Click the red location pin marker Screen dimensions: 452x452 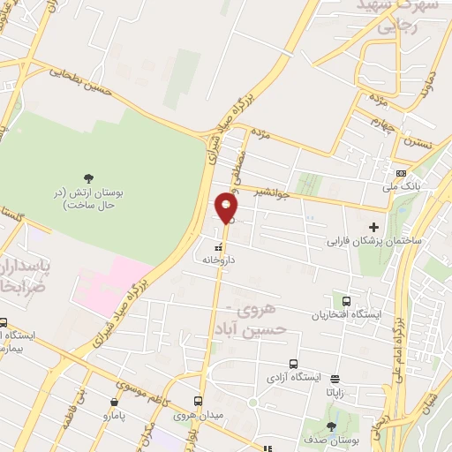[226, 208]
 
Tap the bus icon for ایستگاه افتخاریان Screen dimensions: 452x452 [345, 301]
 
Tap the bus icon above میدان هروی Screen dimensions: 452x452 [200, 400]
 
